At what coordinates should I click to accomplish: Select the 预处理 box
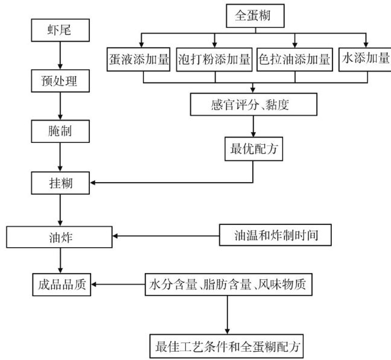[59, 81]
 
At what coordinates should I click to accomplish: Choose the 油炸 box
[59, 235]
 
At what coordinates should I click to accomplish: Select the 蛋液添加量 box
[141, 60]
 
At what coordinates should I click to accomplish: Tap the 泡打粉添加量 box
[215, 60]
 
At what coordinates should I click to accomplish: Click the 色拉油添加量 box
[294, 60]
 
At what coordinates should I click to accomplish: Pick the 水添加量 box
[364, 60]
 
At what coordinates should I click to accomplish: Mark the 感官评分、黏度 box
[252, 104]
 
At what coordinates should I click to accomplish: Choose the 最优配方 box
[252, 149]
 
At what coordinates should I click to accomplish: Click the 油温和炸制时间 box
[275, 235]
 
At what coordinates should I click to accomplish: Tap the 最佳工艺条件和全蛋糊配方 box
[228, 346]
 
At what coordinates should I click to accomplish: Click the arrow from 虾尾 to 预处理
[59, 55]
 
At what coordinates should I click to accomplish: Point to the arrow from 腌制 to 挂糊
[59, 157]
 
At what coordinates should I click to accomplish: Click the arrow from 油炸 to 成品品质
[59, 260]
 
